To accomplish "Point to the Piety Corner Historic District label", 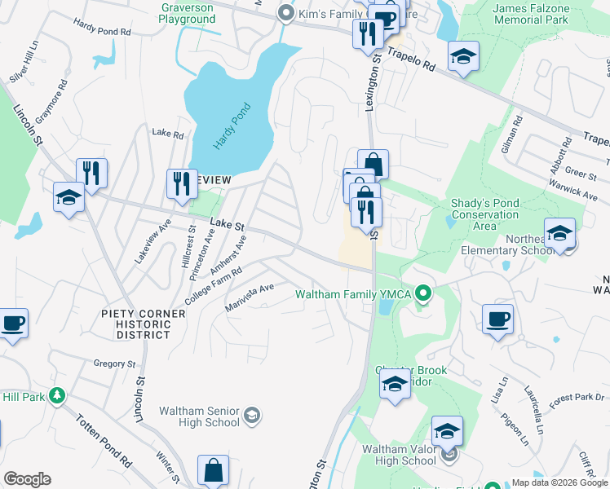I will coord(136,324).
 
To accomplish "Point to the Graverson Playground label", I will coord(188,12).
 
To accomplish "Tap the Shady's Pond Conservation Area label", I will coord(484,215).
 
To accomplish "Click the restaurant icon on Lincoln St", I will coord(91,174).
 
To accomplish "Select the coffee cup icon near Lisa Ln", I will coord(497,318).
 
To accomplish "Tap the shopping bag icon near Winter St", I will coord(213,469).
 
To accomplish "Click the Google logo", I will coord(27,479).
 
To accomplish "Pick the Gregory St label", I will coord(113,364).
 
